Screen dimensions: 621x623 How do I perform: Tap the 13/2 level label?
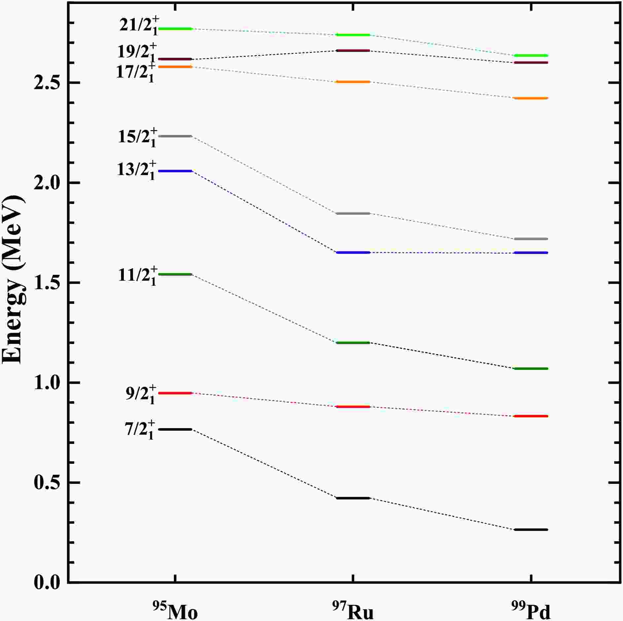136,170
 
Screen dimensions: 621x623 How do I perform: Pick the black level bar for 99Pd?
531,530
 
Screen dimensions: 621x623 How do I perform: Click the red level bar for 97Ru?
353,407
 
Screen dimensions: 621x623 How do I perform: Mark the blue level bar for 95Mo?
175,171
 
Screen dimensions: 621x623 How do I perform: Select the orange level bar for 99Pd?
531,98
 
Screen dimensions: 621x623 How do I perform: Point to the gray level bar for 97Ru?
353,213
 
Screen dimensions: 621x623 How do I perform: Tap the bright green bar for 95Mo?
175,29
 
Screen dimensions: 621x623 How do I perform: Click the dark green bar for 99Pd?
531,369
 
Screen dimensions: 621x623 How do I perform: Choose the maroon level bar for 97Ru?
353,51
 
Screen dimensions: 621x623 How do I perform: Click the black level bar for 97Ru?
353,498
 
